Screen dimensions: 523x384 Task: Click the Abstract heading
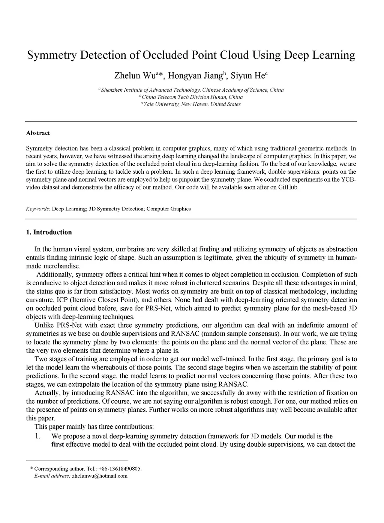click(38, 133)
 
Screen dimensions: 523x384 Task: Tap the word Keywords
click(38, 209)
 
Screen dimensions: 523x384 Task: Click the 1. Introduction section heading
click(49, 232)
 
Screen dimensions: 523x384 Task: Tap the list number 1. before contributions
click(37, 436)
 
